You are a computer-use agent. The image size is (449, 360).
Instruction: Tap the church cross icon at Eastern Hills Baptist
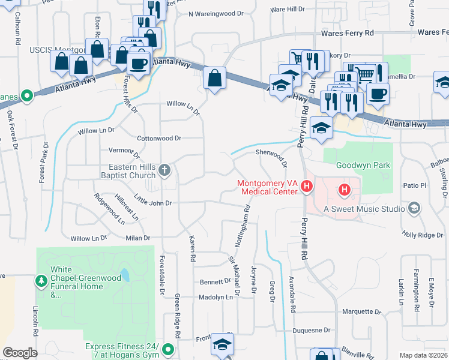(x=165, y=171)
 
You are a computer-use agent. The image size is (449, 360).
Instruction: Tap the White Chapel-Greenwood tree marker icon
(x=41, y=280)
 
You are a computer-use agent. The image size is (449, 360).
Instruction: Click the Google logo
(x=20, y=352)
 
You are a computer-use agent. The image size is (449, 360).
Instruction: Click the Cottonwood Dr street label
(x=159, y=138)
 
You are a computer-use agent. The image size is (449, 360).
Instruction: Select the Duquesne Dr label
(x=311, y=330)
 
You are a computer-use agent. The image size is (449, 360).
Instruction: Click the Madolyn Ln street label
(x=215, y=297)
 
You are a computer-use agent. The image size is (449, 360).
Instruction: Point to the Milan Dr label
(x=137, y=238)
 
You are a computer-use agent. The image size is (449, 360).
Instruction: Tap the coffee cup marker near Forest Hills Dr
(x=139, y=64)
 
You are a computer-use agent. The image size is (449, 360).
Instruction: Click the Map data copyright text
(x=424, y=355)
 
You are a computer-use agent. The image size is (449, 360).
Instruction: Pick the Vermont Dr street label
(x=124, y=150)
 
